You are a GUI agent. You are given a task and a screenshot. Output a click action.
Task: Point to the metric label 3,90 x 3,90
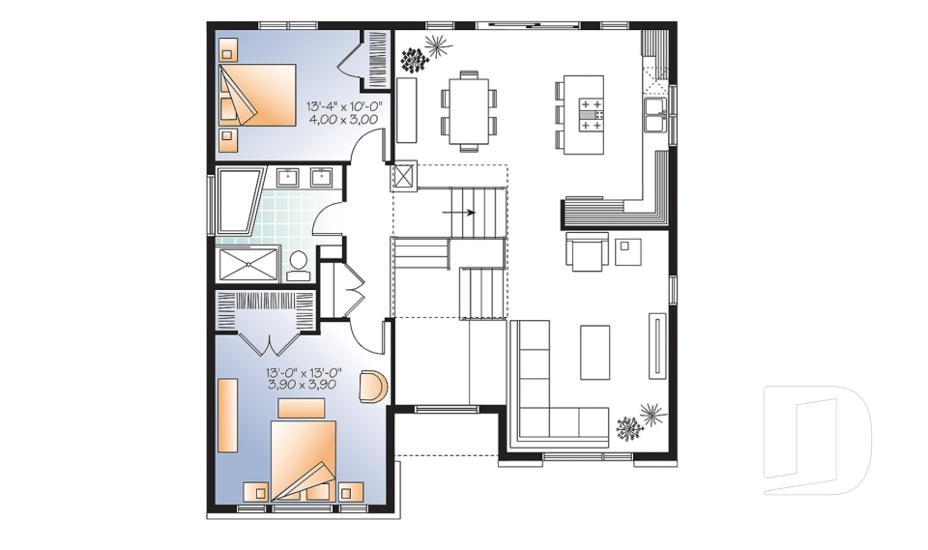tap(301, 385)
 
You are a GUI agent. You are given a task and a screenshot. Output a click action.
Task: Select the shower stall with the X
tap(247, 263)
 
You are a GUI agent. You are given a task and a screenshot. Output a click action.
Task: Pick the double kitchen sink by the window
tap(654, 113)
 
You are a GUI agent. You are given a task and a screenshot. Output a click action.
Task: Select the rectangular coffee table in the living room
tap(594, 352)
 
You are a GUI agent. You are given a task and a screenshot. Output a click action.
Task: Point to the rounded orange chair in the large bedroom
tap(373, 386)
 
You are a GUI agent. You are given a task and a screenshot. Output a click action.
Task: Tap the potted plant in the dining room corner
tap(423, 53)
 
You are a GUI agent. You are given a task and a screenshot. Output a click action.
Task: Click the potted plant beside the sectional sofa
tap(640, 422)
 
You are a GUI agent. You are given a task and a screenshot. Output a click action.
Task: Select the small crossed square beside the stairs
tap(403, 176)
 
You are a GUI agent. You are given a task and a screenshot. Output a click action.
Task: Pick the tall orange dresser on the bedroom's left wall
tap(227, 415)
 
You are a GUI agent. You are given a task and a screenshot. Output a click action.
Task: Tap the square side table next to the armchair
tap(629, 250)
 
